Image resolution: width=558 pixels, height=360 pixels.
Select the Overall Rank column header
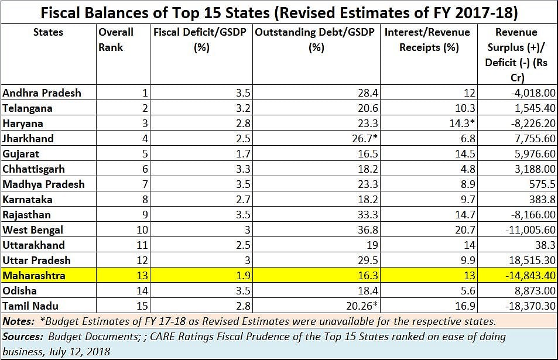116,39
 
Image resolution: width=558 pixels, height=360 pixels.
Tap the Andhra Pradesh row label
42,93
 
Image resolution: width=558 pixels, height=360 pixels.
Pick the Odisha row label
19,291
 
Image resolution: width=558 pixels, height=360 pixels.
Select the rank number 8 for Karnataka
145,200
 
